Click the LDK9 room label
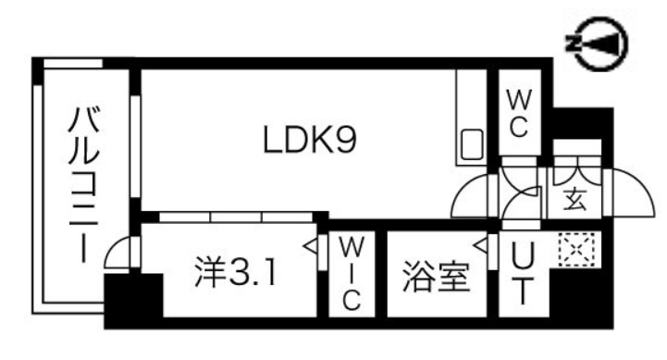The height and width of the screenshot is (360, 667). click(310, 140)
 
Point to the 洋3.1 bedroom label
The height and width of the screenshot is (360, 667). click(233, 273)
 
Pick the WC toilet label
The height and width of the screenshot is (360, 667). click(518, 113)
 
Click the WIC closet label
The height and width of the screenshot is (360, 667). click(352, 275)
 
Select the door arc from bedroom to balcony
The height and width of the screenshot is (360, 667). click(119, 252)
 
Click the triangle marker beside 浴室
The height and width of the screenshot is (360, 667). click(480, 245)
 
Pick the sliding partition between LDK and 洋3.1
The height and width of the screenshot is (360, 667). click(236, 217)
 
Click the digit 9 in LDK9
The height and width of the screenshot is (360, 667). click(345, 140)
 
